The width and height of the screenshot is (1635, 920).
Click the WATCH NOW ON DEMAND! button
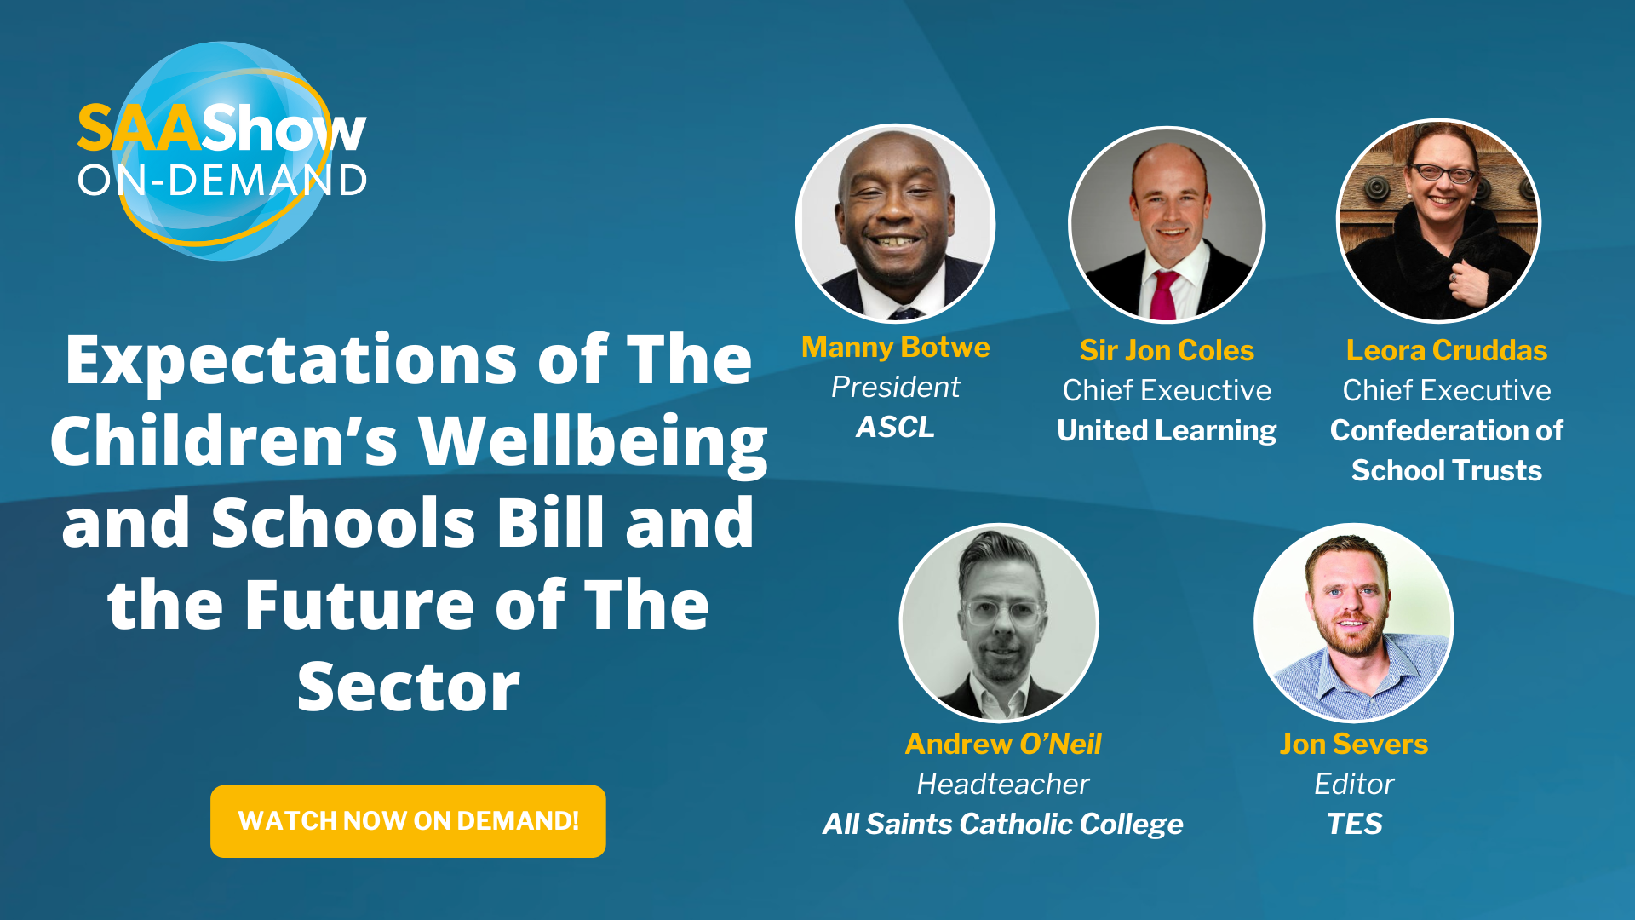(x=408, y=821)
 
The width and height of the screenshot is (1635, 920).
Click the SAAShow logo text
(x=221, y=129)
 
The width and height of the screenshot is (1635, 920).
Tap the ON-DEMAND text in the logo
(x=222, y=181)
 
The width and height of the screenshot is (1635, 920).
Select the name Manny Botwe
(x=896, y=348)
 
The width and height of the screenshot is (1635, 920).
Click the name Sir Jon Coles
(x=1167, y=350)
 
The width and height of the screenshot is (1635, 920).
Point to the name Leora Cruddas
(x=1447, y=350)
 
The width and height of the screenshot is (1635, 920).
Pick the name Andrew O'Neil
(x=1003, y=744)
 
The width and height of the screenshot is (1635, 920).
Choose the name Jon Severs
(x=1354, y=744)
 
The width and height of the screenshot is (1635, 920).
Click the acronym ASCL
(x=896, y=427)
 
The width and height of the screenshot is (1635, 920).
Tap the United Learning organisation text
(x=1167, y=431)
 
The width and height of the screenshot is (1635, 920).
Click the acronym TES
(x=1354, y=824)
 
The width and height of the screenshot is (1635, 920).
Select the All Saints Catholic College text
(x=1003, y=825)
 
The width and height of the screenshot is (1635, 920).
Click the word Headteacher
(x=1003, y=784)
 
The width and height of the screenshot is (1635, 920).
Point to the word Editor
(x=1354, y=784)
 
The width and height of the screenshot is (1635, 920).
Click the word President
(x=896, y=388)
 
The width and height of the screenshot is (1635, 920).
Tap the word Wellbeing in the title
(x=594, y=443)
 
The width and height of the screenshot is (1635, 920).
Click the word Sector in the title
(x=409, y=687)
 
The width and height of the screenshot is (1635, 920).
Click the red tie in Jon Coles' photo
(x=1164, y=295)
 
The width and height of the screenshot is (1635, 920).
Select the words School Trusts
(x=1447, y=471)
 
